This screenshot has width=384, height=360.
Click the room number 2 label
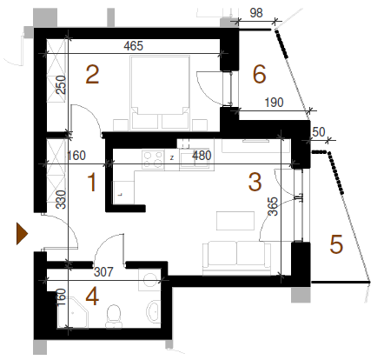pyautogui.click(x=92, y=75)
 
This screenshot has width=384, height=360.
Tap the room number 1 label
pyautogui.click(x=92, y=182)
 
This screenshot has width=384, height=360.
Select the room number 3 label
pyautogui.click(x=255, y=182)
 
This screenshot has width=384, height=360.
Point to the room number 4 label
pyautogui.click(x=92, y=297)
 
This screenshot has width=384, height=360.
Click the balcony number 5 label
pyautogui.click(x=336, y=244)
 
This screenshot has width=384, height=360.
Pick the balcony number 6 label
pyautogui.click(x=260, y=74)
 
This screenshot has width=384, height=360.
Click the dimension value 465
pyautogui.click(x=134, y=46)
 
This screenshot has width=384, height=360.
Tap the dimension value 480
pyautogui.click(x=202, y=156)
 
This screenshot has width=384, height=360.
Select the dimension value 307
pyautogui.click(x=103, y=272)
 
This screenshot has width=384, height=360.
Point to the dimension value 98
pyautogui.click(x=256, y=13)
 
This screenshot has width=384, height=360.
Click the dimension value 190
pyautogui.click(x=274, y=103)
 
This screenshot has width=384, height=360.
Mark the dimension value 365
pyautogui.click(x=273, y=206)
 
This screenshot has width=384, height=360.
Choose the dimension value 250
pyautogui.click(x=61, y=84)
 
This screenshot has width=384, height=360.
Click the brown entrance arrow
pyautogui.click(x=22, y=234)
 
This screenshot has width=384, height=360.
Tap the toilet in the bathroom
pyautogui.click(x=114, y=317)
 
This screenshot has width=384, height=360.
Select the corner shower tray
pyautogui.click(x=72, y=312)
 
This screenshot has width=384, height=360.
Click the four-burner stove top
pyautogui.click(x=153, y=160)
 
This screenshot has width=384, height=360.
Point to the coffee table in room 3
pyautogui.click(x=235, y=221)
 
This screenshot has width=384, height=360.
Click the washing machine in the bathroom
pyautogui.click(x=149, y=279)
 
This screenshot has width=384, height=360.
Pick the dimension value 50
pyautogui.click(x=319, y=132)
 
